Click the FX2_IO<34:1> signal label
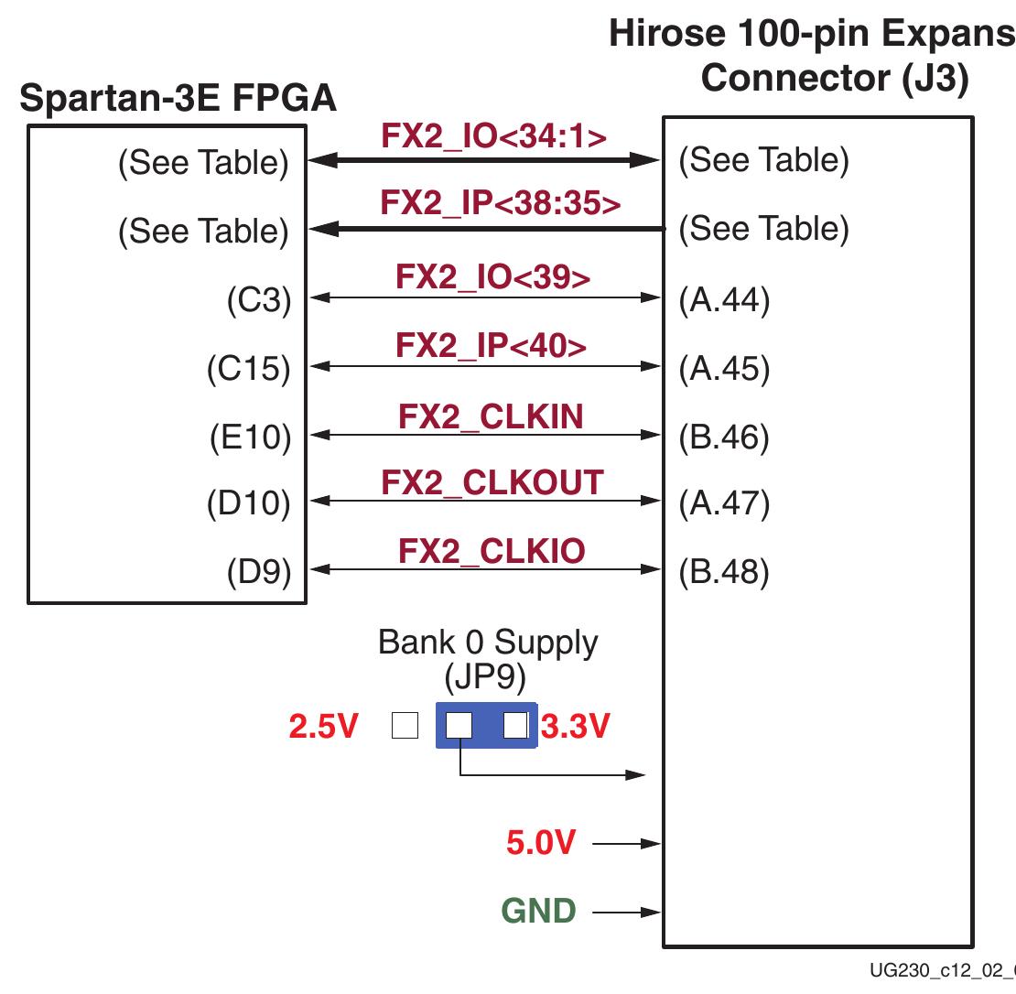[493, 135]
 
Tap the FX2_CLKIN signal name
[491, 416]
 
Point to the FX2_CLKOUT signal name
[492, 482]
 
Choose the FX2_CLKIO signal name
[492, 551]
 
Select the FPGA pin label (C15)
[248, 369]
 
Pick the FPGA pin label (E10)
[249, 438]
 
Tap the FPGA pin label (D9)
[258, 572]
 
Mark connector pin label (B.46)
[724, 438]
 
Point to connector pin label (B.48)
[724, 572]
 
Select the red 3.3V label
[575, 728]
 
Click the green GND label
[539, 912]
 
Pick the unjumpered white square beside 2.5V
[404, 726]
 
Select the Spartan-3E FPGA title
[178, 99]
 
